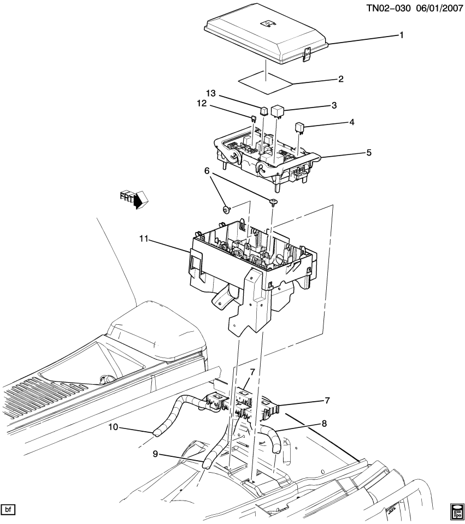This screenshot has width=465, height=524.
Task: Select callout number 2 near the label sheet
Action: pos(340,79)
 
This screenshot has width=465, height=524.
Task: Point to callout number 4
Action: pos(352,122)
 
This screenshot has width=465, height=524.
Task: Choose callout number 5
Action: pos(369,153)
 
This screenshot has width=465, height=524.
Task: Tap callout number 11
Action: pos(144,239)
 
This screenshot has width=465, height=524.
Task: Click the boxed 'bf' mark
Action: pos(8,510)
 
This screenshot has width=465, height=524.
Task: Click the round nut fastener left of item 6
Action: pos(225,210)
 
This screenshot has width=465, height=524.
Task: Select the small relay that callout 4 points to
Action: pos(300,128)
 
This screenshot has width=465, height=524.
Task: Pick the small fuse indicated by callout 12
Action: pos(254,118)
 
